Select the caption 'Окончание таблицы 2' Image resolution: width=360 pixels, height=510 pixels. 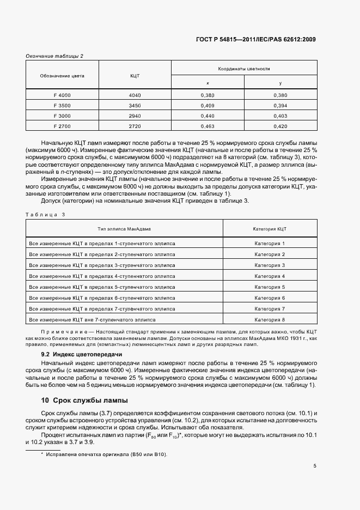[54, 56]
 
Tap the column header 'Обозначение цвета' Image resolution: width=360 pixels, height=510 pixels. [62, 76]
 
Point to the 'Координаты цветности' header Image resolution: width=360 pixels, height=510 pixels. [244, 69]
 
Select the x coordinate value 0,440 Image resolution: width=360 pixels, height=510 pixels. [208, 116]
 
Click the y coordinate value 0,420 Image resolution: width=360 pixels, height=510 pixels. [279, 126]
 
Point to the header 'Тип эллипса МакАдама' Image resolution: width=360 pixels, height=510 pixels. [124, 229]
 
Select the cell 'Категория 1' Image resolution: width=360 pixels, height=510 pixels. [270, 244]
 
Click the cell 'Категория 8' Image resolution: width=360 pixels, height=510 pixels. [270, 320]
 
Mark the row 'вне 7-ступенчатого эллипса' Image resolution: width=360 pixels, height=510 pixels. [93, 320]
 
